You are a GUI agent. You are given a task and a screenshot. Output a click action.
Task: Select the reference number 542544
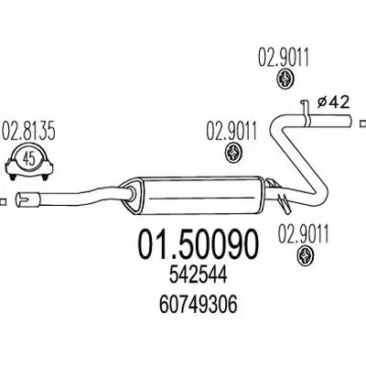(199, 276)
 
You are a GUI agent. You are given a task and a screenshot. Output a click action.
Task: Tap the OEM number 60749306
(199, 305)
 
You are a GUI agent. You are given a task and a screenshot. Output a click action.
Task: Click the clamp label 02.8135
(28, 132)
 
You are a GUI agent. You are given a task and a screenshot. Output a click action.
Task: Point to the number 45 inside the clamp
(29, 159)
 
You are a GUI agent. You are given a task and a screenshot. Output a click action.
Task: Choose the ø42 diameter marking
(333, 102)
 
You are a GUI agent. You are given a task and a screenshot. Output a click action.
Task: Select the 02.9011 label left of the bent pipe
(231, 132)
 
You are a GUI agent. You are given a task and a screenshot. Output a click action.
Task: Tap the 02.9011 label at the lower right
(303, 235)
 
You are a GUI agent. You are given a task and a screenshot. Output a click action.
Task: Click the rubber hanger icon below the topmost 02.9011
(285, 79)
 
